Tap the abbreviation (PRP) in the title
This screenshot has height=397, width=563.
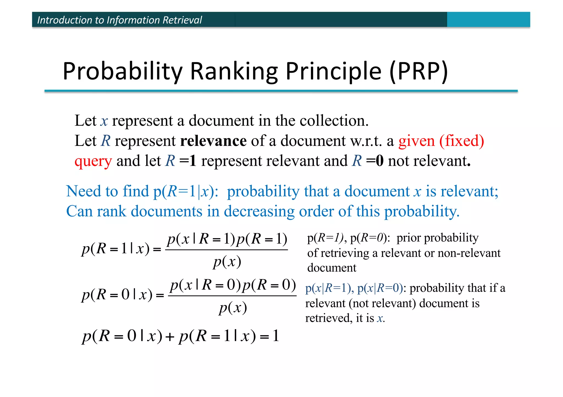419,71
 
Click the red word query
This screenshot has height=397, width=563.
93,161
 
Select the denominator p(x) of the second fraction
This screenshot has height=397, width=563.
233,308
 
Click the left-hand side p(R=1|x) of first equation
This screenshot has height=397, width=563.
115,249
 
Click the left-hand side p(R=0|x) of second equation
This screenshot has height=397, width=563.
117,295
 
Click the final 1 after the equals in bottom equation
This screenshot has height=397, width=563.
276,336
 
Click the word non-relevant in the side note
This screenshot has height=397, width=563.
469,253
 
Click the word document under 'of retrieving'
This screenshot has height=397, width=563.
332,268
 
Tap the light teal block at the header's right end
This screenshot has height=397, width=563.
488,19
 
